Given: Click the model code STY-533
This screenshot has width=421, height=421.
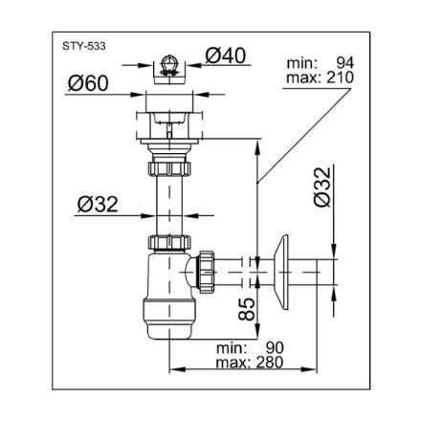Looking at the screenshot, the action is (84, 46).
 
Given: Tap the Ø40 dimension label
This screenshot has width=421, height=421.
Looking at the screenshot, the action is (226, 55).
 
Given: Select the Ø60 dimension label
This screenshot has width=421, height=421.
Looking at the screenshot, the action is (88, 83).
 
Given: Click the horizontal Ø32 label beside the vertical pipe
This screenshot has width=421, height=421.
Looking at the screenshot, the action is (98, 204).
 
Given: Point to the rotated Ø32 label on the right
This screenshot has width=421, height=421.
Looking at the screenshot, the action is (322, 187).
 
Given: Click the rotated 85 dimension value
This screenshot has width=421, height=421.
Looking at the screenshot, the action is (247, 309).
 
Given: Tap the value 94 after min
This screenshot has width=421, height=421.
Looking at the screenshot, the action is (345, 63).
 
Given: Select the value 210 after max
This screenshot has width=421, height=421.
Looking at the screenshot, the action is (340, 78).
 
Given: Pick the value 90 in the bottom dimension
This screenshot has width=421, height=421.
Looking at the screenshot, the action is (275, 348).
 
